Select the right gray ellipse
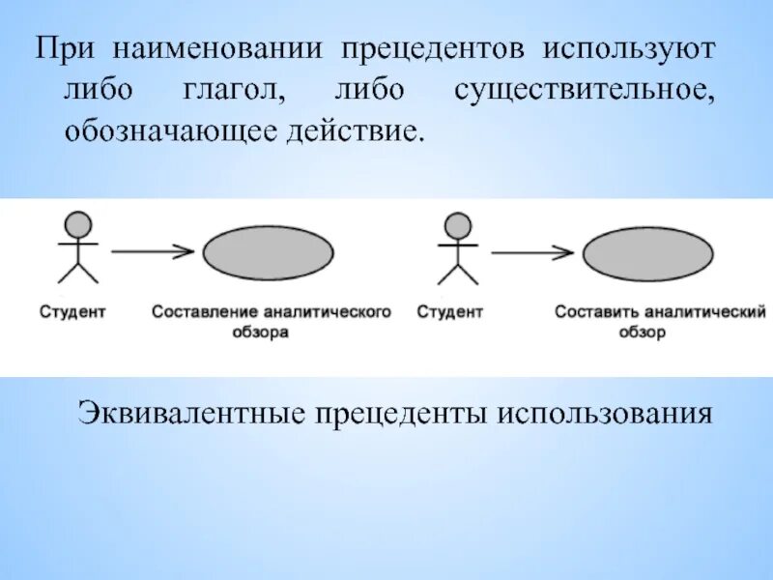[x=648, y=253]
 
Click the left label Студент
[x=72, y=312]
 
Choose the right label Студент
[x=449, y=312]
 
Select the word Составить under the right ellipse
[x=596, y=312]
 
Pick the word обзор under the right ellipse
[x=644, y=332]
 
